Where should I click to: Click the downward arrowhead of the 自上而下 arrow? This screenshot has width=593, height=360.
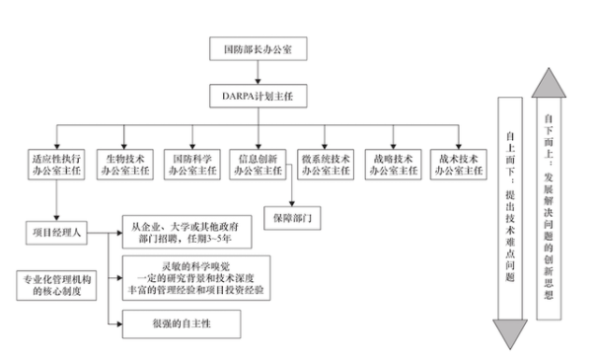click(x=504, y=334)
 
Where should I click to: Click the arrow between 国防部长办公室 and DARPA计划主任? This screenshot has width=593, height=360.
click(x=259, y=74)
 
